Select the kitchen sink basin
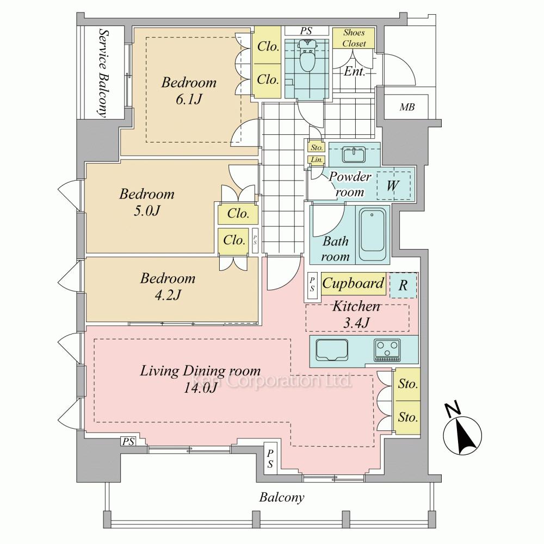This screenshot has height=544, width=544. tap(332, 350)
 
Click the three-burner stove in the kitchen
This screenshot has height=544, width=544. tap(387, 350)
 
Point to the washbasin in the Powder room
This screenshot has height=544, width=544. tap(354, 154)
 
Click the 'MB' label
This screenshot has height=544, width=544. tap(407, 107)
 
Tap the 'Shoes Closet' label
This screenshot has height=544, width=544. tap(354, 38)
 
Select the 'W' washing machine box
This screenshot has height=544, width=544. tap(393, 186)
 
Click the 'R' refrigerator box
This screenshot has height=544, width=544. tap(403, 286)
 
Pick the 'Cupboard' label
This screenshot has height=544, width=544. tap(353, 283)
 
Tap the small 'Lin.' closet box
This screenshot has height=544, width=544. tap(317, 160)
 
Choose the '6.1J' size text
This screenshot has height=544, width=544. tap(189, 100)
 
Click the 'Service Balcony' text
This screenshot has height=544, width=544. tap(103, 73)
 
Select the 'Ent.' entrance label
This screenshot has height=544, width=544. tap(354, 71)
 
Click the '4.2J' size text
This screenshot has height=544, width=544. tap(168, 295)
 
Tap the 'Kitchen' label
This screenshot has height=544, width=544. tap(356, 306)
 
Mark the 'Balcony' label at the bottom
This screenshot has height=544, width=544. tap(282, 498)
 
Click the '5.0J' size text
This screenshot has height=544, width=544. tap(147, 211)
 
